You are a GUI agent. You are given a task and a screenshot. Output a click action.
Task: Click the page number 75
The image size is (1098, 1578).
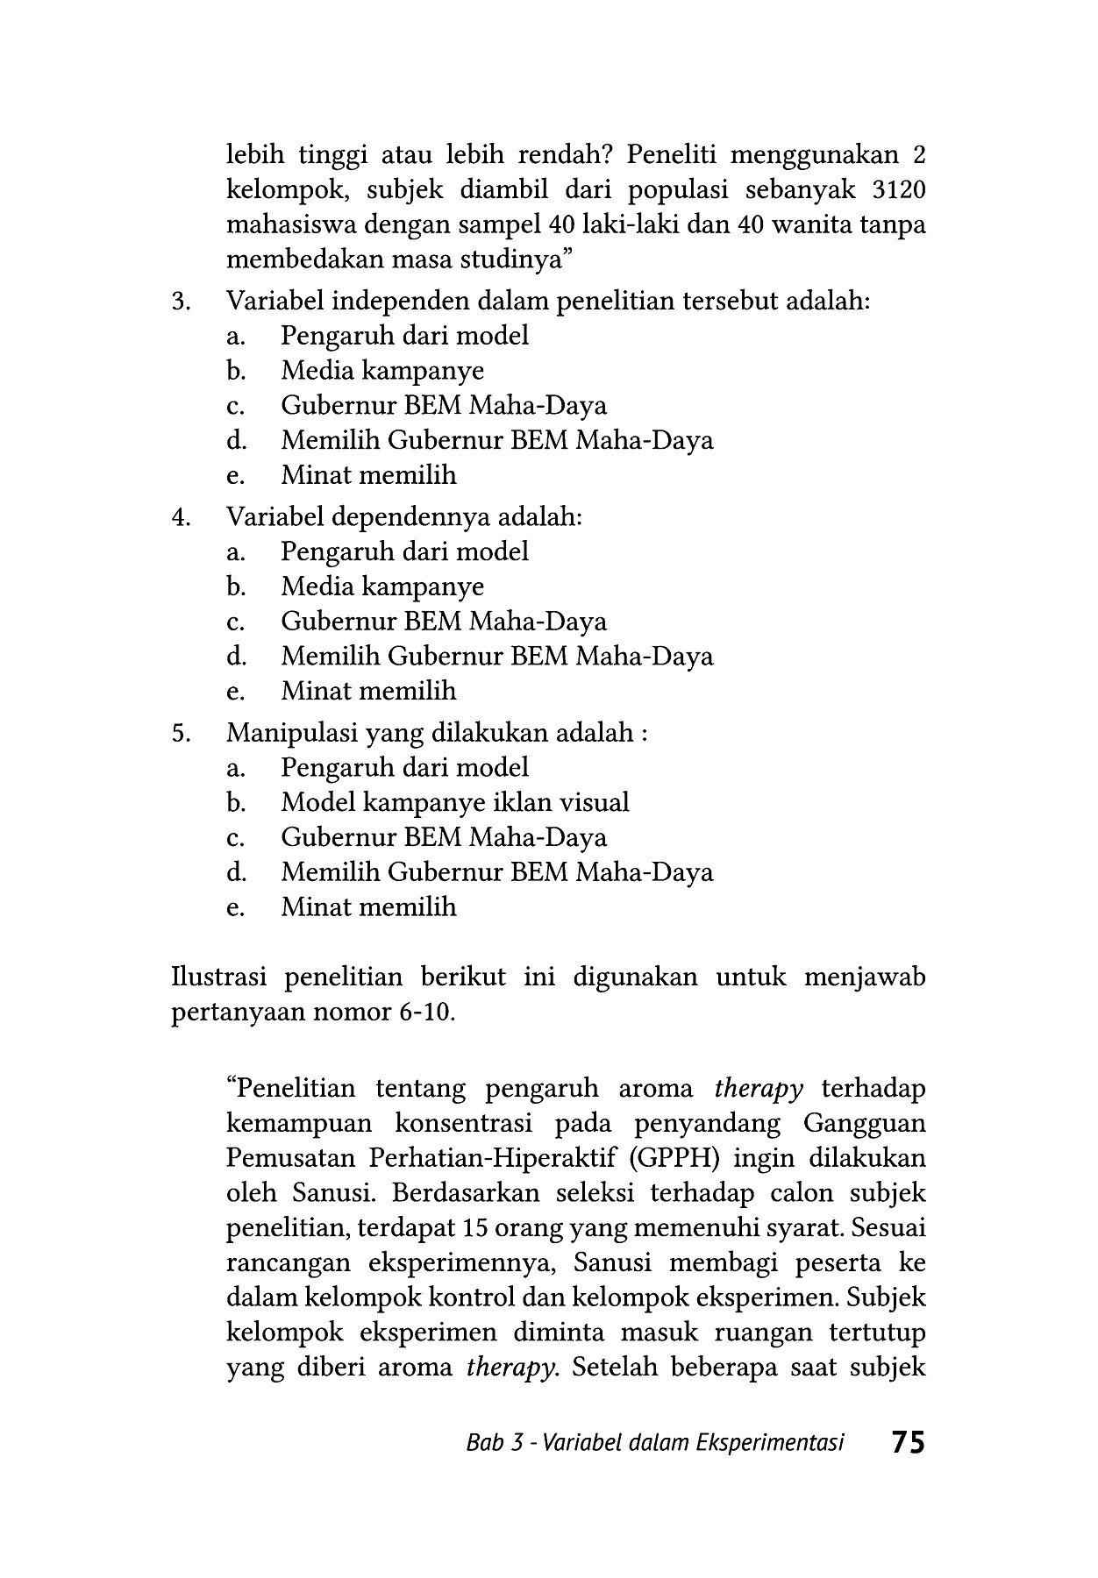coord(907,1442)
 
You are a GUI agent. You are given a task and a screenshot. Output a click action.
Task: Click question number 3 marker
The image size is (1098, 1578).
coord(181,302)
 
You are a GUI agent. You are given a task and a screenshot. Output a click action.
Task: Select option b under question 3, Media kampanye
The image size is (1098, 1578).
coord(381,371)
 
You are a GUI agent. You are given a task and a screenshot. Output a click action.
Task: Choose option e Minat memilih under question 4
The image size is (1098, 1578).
coord(368,691)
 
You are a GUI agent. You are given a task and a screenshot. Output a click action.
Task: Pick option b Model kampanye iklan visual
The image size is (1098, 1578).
coord(454,802)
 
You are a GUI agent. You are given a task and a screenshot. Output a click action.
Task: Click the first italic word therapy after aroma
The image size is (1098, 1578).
coord(759,1089)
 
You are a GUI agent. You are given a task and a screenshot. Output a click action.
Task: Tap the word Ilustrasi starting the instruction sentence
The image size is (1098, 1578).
coord(220,977)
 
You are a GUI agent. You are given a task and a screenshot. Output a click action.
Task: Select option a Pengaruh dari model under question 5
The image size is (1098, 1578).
coord(404,768)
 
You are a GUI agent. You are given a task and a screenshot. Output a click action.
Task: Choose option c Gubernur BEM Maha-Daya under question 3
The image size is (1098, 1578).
coord(443,406)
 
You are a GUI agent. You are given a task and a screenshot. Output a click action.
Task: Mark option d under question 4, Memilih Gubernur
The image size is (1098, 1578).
coord(496,656)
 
